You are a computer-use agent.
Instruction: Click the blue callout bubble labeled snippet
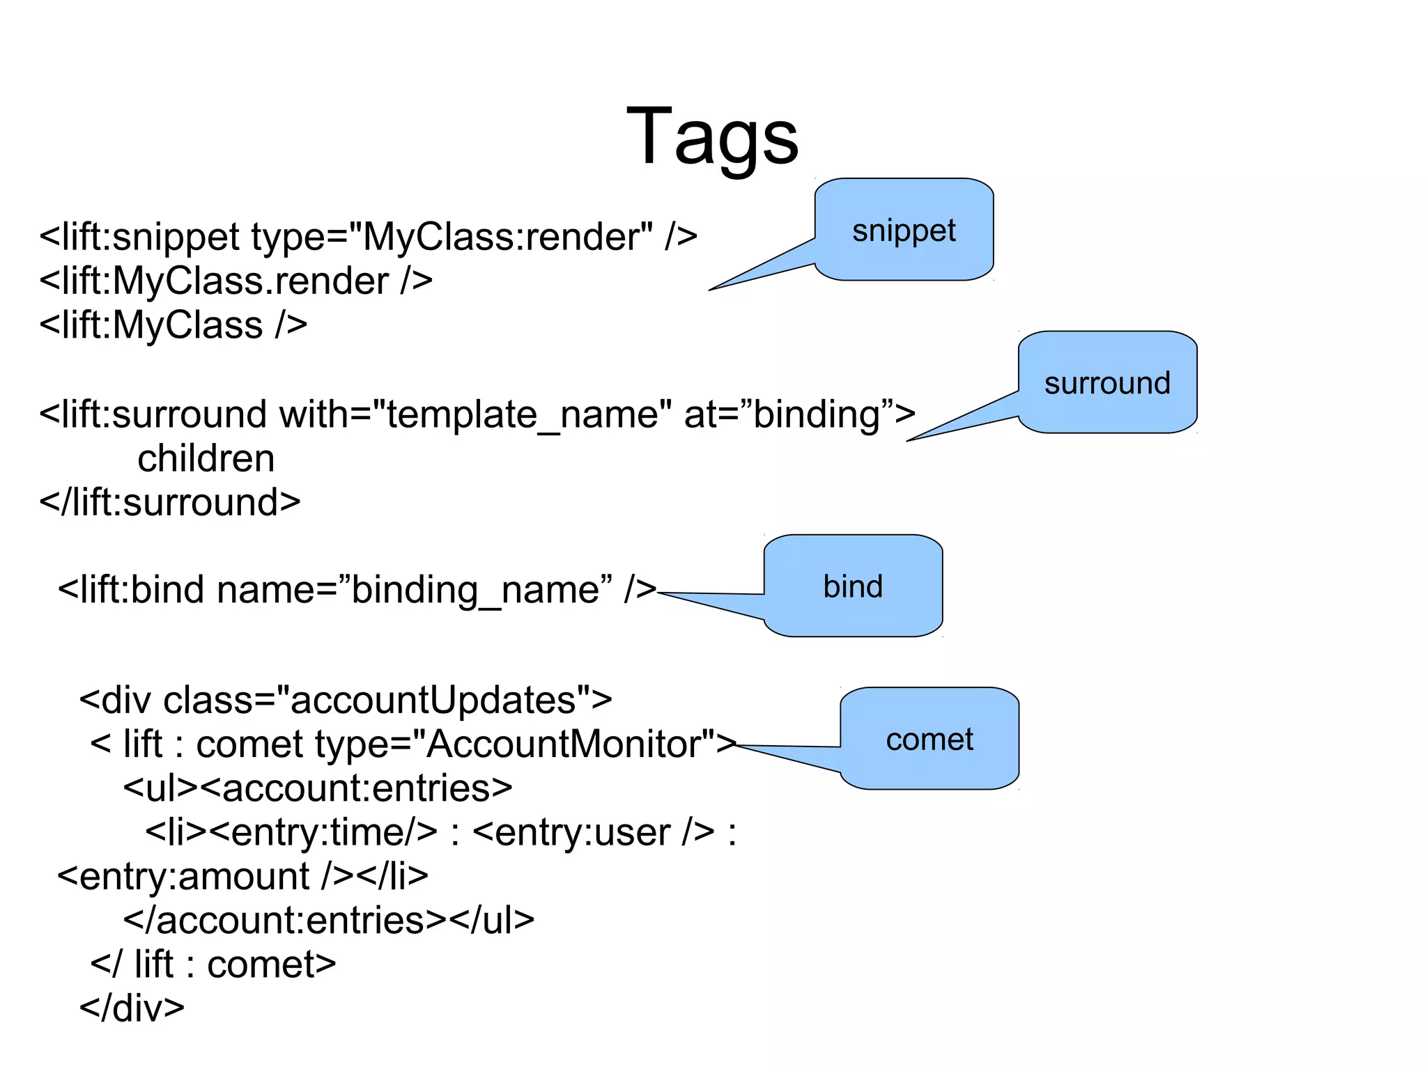tap(904, 230)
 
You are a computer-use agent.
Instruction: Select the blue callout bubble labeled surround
tap(1107, 383)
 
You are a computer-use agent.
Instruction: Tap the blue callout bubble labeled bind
tap(853, 586)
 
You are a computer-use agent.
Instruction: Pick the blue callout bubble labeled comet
tap(930, 740)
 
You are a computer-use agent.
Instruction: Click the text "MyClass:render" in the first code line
tap(507, 237)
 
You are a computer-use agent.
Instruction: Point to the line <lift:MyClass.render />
tap(236, 281)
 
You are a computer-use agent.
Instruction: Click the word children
tap(206, 459)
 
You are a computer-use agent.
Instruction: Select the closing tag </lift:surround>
tap(169, 503)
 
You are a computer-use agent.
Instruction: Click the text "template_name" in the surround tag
tap(523, 415)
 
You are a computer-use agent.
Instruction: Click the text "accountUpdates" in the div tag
tap(432, 701)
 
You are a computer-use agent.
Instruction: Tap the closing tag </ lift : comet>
tap(213, 965)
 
